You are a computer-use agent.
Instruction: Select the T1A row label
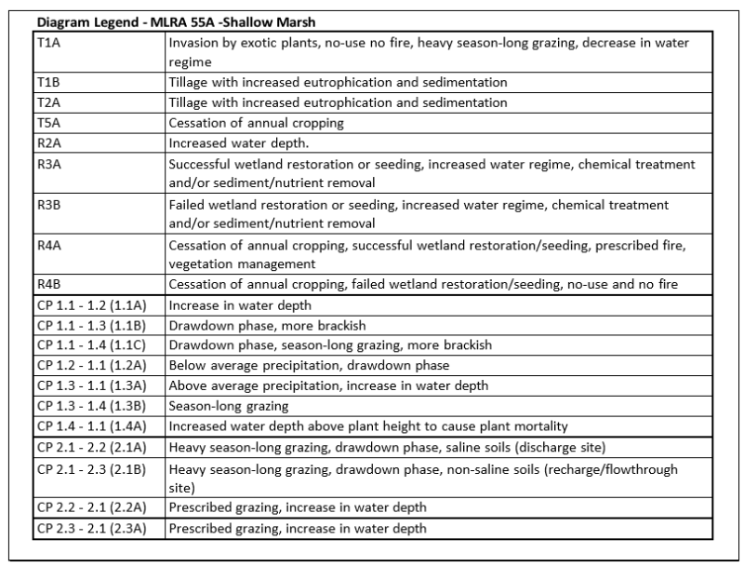(x=47, y=43)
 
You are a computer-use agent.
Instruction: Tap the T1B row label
(x=46, y=82)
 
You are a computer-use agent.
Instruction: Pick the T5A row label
(x=47, y=122)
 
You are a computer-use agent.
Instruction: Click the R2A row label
(x=47, y=143)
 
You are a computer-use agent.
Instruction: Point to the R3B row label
(x=47, y=204)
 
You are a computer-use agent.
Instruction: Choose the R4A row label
(x=47, y=245)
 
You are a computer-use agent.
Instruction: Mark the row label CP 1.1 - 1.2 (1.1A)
(x=94, y=304)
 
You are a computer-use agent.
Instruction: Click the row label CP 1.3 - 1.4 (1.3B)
(x=94, y=406)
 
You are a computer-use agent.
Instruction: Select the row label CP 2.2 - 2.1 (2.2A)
(x=94, y=507)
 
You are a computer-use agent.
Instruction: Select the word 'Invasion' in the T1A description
(x=193, y=43)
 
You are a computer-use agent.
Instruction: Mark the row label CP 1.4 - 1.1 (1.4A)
(x=94, y=426)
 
